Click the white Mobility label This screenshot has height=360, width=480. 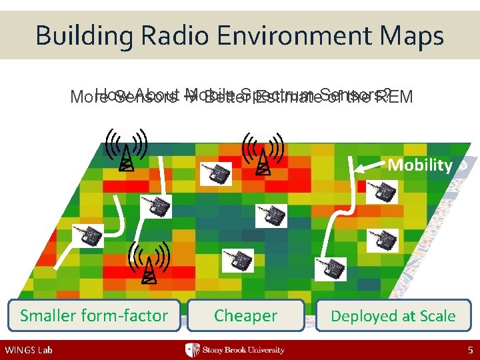tap(420, 165)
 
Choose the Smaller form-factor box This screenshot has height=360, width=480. tap(94, 315)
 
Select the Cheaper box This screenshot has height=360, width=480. tap(245, 315)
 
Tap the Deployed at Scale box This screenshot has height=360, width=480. tap(393, 315)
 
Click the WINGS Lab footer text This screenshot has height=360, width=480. tap(27, 350)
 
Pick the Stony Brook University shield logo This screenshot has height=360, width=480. tap(193, 350)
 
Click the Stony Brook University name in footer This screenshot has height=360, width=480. tap(243, 350)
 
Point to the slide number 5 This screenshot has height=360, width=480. tap(469, 350)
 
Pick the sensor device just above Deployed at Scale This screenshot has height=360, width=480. tap(331, 269)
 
